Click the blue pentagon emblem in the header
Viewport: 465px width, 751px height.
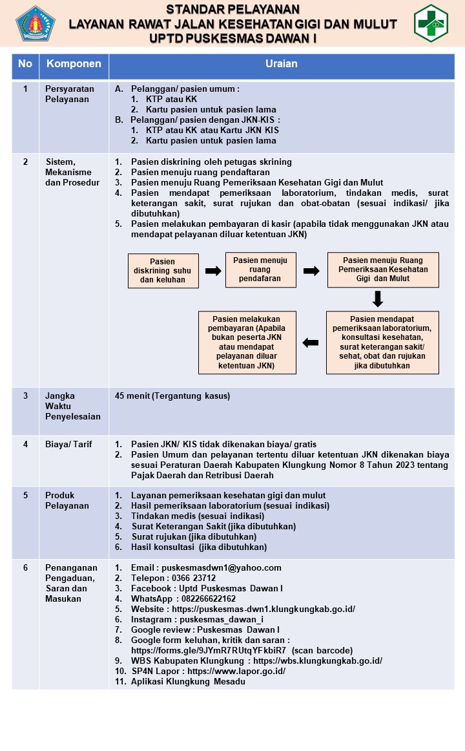(x=36, y=23)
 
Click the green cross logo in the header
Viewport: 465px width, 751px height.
(x=431, y=23)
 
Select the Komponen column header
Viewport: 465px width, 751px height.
(x=74, y=64)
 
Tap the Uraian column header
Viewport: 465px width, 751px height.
(x=282, y=64)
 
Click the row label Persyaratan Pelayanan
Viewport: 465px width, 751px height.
(x=70, y=94)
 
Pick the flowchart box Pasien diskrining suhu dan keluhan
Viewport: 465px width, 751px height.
(x=163, y=271)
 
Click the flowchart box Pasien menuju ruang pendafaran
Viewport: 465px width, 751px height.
(x=261, y=270)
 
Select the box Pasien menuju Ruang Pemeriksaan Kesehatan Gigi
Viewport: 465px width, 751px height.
(x=383, y=270)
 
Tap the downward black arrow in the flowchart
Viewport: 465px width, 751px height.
(x=378, y=299)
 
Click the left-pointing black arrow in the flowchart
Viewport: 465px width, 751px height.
(x=311, y=343)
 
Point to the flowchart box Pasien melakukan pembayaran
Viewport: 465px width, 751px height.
(x=247, y=343)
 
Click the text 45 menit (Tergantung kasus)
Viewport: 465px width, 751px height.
(x=172, y=396)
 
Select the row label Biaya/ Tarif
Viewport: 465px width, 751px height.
(x=68, y=445)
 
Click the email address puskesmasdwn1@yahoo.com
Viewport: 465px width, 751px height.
(x=222, y=568)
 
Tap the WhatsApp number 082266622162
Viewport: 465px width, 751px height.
(x=209, y=599)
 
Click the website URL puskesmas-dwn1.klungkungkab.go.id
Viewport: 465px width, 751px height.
(x=263, y=609)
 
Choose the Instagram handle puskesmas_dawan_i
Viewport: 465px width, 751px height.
(x=222, y=620)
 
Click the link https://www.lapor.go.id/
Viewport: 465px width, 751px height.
(x=236, y=672)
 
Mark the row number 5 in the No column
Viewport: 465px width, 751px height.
(x=25, y=496)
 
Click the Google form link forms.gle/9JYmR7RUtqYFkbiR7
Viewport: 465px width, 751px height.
(x=209, y=650)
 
